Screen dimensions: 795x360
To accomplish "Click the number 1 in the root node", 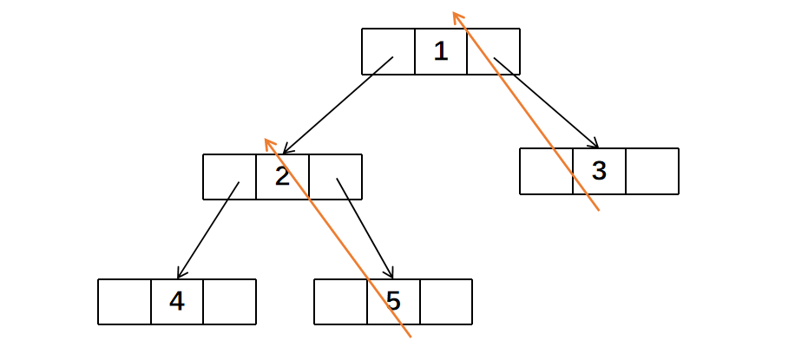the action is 441,51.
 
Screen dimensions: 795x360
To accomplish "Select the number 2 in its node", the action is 282,177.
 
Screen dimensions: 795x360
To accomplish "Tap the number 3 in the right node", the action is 599,171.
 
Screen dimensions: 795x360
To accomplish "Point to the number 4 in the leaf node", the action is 177,302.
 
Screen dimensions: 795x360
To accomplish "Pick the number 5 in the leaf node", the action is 393,302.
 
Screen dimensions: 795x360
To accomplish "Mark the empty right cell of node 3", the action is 652,171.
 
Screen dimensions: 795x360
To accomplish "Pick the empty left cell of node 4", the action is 124,302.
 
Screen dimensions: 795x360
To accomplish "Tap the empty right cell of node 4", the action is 230,302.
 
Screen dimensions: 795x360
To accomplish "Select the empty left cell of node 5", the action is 340,302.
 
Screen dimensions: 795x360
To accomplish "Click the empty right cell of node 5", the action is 446,302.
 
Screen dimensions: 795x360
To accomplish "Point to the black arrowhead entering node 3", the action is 595,143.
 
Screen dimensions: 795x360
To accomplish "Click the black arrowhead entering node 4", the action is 179,274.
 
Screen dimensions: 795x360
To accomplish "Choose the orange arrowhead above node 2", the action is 268,141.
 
